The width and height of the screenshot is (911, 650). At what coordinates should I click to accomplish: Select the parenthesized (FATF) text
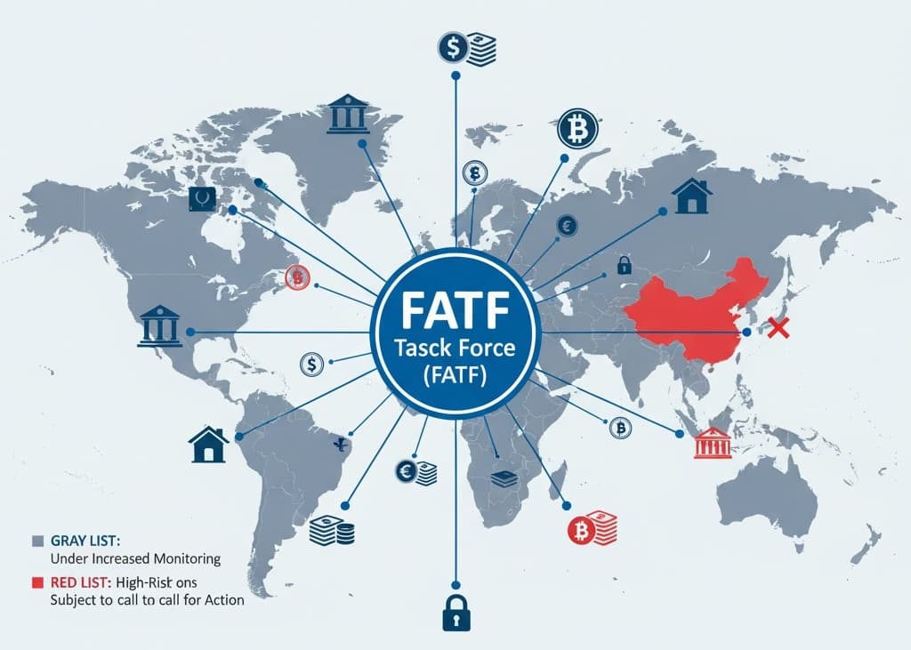455,375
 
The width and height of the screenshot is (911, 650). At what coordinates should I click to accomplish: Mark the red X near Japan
778,329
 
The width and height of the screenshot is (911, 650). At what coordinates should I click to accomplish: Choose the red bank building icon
712,442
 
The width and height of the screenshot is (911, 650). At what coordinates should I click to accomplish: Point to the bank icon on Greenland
348,115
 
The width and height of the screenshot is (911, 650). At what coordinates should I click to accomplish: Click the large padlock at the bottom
455,611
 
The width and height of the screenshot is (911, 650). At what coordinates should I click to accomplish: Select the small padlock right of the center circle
624,264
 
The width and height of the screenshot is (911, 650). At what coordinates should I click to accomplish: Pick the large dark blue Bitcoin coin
577,130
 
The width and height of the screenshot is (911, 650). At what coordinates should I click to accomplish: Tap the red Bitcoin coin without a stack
296,278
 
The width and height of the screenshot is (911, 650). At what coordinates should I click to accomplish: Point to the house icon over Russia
692,197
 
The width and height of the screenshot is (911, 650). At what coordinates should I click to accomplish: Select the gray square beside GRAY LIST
37,541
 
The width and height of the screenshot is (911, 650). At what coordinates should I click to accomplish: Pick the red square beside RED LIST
37,582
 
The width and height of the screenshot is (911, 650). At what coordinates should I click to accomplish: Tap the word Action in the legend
222,600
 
